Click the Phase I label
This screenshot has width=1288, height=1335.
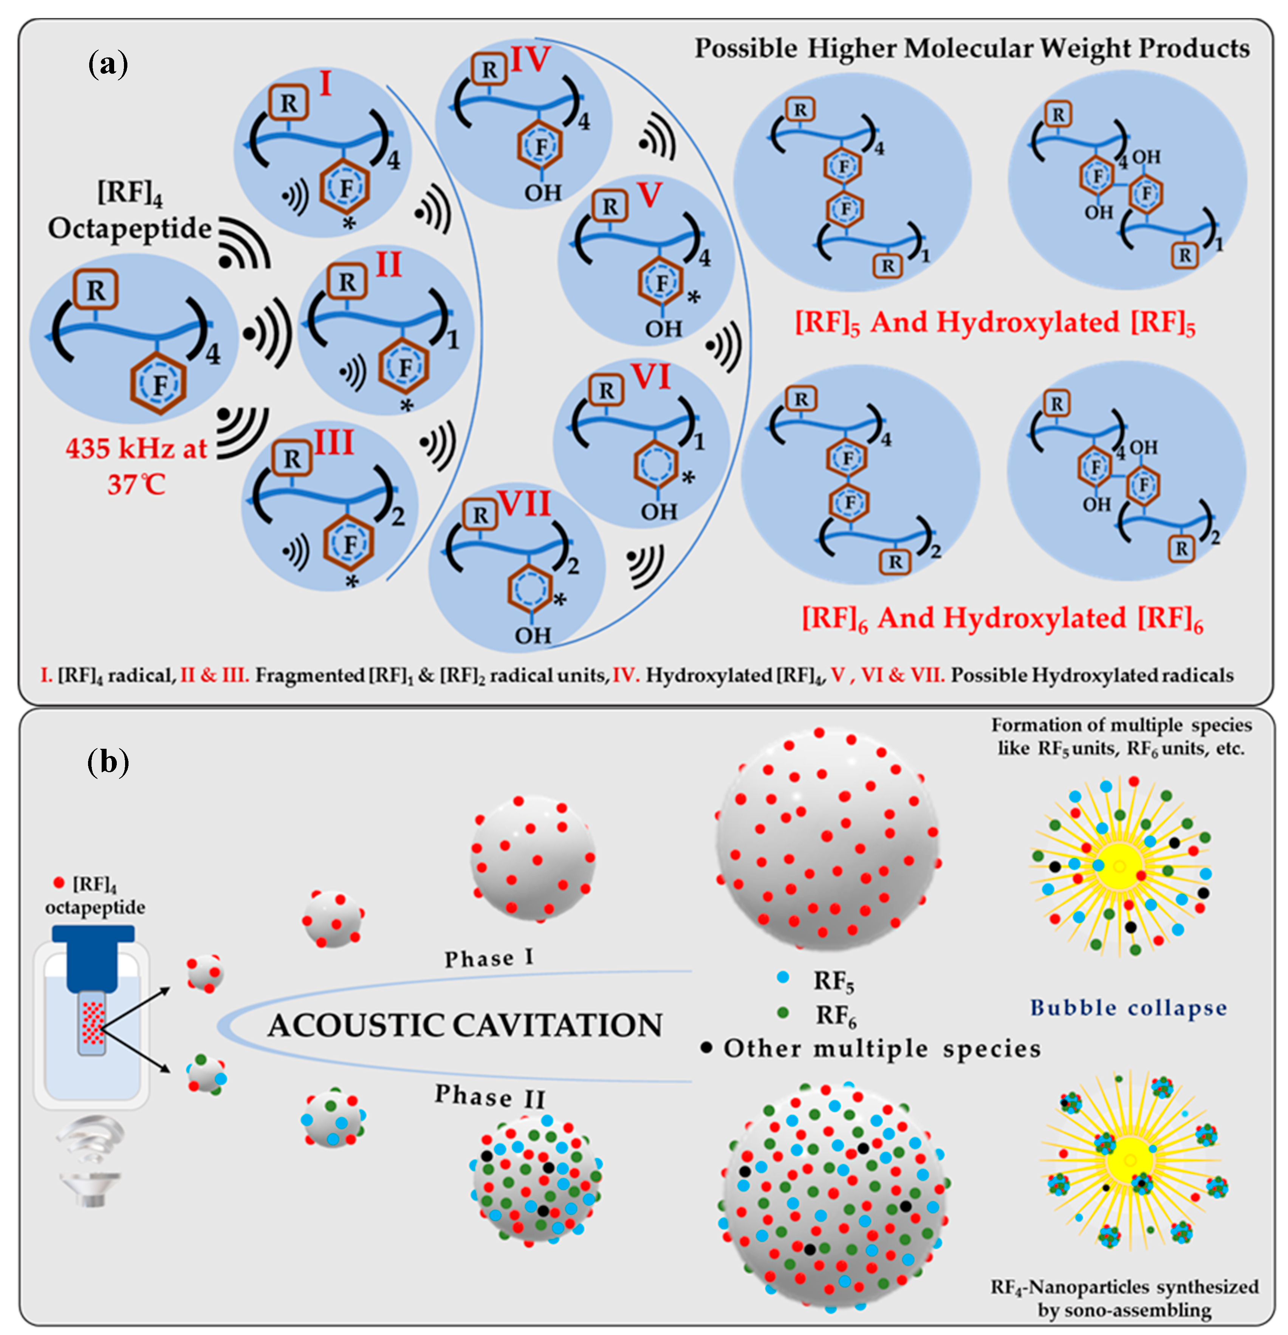pos(489,958)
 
